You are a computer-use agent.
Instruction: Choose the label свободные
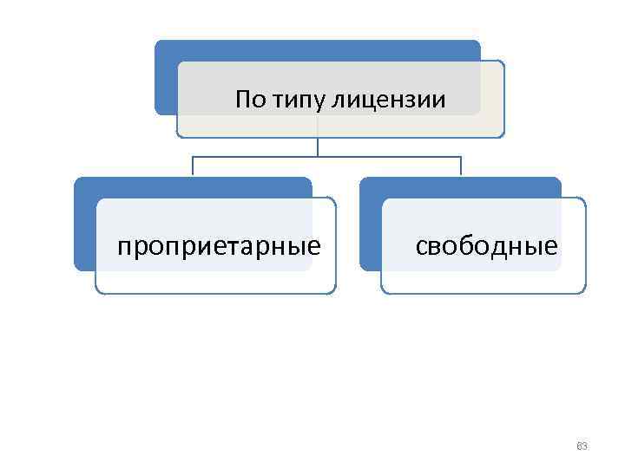point(486,246)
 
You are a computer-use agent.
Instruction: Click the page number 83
point(582,446)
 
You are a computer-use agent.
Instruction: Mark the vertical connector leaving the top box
point(318,147)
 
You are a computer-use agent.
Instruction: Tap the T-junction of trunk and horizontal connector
point(318,157)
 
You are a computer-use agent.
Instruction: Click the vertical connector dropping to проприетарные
point(192,167)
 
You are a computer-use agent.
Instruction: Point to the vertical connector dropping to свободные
point(460,167)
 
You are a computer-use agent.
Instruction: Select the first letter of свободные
point(420,247)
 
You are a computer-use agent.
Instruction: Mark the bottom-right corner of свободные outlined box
point(584,292)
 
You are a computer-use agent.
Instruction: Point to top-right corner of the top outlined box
point(503,62)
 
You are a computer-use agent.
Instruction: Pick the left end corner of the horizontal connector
point(192,157)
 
